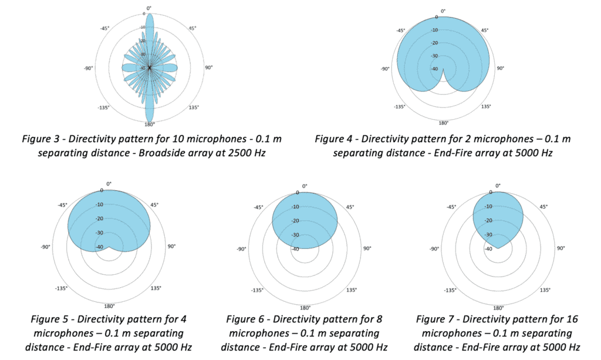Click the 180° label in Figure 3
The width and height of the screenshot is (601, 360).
150,125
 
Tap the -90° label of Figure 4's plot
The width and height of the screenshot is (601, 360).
385,69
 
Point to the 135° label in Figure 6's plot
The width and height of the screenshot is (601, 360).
351,290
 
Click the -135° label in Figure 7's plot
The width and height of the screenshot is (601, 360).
450,290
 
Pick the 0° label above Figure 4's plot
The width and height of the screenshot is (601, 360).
443,11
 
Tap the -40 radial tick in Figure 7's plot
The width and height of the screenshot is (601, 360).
488,249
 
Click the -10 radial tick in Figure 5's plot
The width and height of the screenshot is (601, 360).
99,204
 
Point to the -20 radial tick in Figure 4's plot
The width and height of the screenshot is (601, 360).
434,43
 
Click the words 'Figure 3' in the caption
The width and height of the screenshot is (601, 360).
39,139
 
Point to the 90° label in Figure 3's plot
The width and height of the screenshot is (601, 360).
209,68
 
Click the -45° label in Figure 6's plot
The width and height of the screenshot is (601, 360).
259,207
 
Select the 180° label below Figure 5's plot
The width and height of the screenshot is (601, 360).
110,306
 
